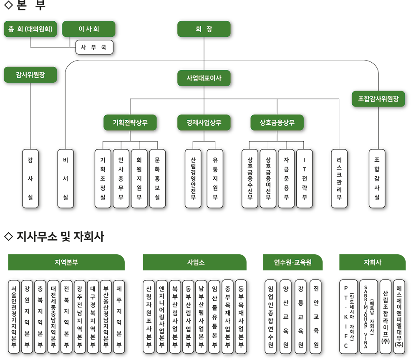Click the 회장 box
click(x=204, y=29)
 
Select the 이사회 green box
click(x=88, y=29)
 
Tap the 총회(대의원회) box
click(x=30, y=29)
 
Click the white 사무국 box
click(x=94, y=47)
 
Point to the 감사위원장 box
click(x=30, y=75)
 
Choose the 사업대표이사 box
click(x=204, y=78)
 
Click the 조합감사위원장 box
click(x=378, y=99)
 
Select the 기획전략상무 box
click(x=130, y=122)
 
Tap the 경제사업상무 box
click(x=204, y=122)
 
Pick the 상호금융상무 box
click(x=277, y=122)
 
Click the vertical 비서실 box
click(x=66, y=179)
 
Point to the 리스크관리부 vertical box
click(x=339, y=179)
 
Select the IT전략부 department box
click(x=304, y=179)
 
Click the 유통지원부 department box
click(x=215, y=179)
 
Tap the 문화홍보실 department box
click(x=157, y=179)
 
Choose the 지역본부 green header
click(x=66, y=262)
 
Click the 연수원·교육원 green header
click(x=293, y=262)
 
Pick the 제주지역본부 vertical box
click(x=119, y=317)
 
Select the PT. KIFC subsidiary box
click(x=348, y=317)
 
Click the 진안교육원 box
click(x=316, y=317)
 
